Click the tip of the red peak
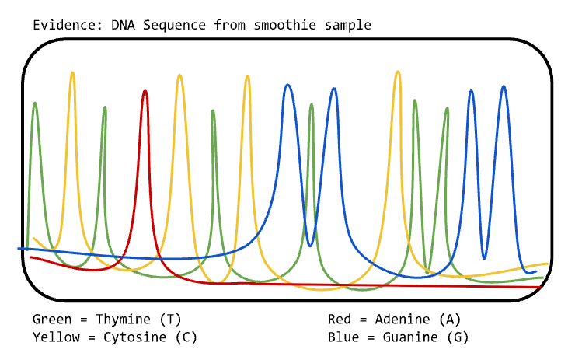coord(145,91)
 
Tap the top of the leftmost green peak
coord(35,103)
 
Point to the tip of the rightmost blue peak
coord(504,86)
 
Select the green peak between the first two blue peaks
coord(312,105)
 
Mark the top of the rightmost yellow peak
coord(398,72)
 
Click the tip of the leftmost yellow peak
coord(72,72)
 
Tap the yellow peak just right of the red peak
coord(179,75)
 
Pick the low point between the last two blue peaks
coord(484,258)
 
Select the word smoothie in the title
coord(285,25)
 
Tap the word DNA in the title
coord(124,25)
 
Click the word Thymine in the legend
coord(123,320)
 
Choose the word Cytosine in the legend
coord(134,337)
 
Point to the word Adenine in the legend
coord(402,320)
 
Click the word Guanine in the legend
coord(410,337)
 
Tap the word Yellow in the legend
coord(56,337)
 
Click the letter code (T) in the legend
coord(170,320)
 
